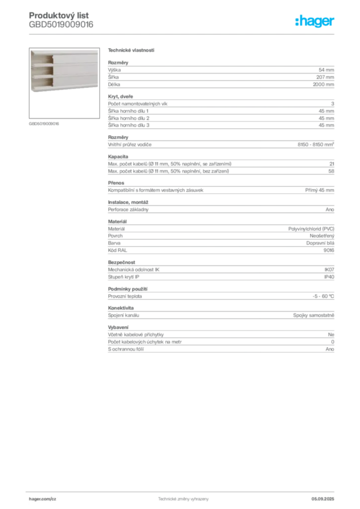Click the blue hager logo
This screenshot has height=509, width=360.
click(x=315, y=21)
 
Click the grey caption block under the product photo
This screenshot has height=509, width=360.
click(x=44, y=123)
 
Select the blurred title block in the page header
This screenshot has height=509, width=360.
click(x=61, y=20)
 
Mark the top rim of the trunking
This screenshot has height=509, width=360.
click(x=65, y=50)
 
